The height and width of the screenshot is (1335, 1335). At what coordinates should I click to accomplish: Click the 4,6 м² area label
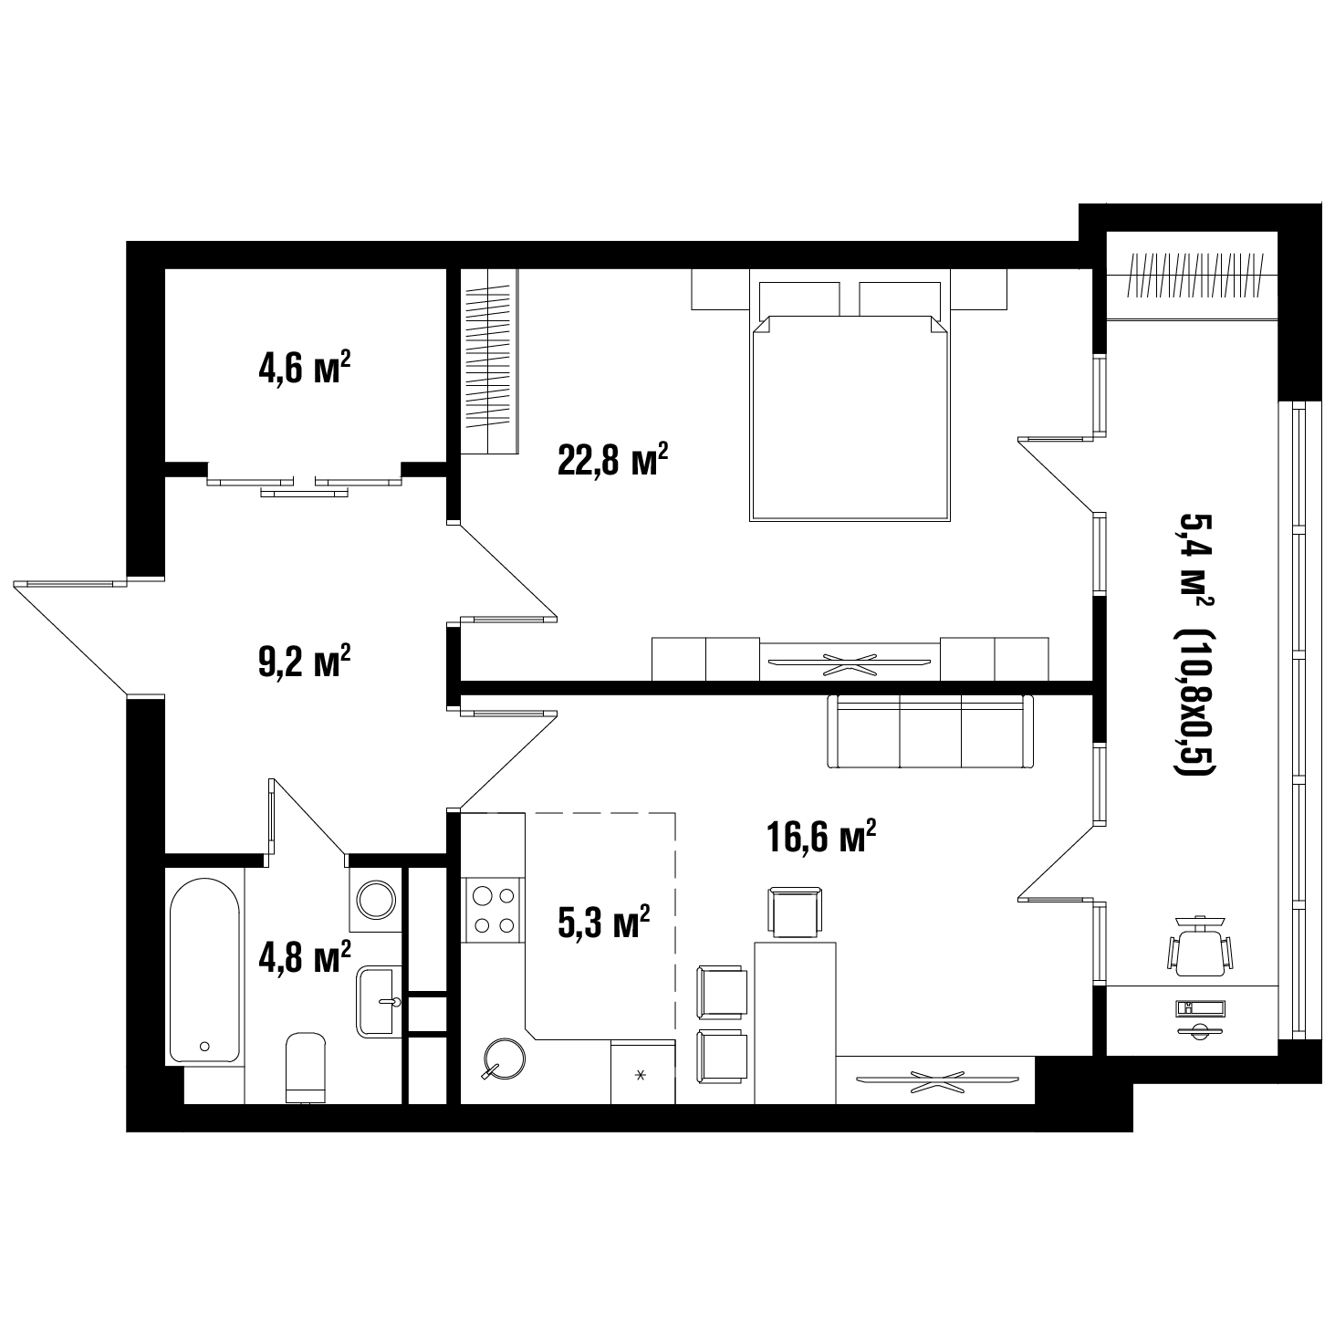tap(304, 367)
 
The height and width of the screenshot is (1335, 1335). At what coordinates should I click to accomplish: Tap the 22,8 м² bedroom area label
tap(612, 459)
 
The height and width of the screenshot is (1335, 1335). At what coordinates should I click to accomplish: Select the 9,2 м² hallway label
tap(304, 661)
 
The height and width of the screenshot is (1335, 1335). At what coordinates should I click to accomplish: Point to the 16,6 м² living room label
tap(821, 836)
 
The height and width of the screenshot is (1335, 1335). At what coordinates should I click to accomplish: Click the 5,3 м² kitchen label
tap(603, 923)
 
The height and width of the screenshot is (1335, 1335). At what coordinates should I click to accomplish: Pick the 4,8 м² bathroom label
tap(304, 956)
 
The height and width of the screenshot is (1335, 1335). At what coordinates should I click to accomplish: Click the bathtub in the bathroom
tap(204, 971)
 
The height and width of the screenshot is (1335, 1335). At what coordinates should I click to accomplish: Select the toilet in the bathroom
tap(306, 1068)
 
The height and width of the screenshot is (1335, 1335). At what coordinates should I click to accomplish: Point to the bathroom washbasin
tap(379, 1001)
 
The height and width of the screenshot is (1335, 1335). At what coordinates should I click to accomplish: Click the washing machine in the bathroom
tap(375, 900)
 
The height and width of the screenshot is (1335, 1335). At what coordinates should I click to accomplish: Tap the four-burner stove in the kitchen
tap(493, 910)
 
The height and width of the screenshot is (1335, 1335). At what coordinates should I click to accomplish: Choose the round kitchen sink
tap(505, 1059)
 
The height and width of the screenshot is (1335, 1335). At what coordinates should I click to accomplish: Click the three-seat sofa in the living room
tap(931, 731)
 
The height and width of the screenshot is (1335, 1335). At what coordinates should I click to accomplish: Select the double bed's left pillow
tap(799, 299)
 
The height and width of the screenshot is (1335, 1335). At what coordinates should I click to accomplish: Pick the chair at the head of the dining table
tap(795, 912)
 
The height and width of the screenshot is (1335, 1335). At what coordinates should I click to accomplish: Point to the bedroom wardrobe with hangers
tap(489, 361)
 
